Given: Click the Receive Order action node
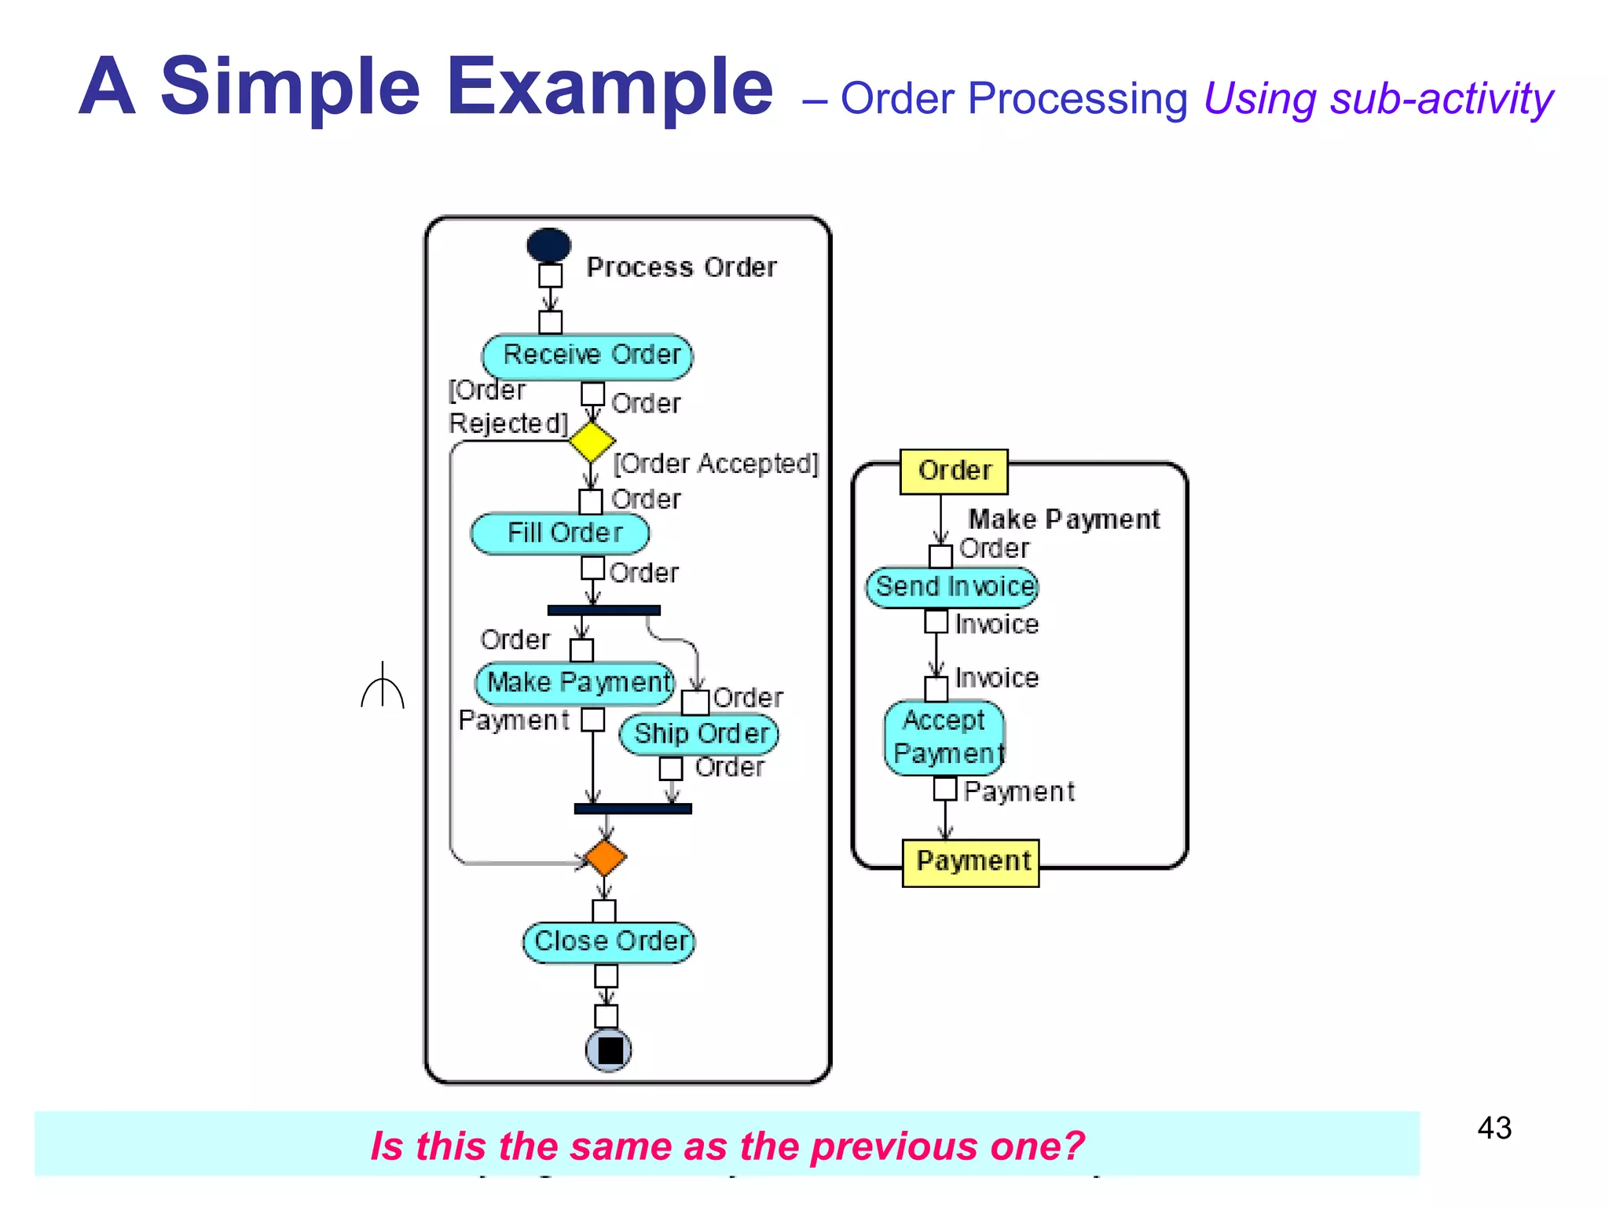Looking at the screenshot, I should click(588, 355).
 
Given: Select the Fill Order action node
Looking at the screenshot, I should click(560, 534).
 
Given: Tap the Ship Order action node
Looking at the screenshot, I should click(698, 734).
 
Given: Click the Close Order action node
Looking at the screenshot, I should click(609, 941).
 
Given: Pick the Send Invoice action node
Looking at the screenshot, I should click(952, 587).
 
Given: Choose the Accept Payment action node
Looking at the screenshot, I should click(944, 737).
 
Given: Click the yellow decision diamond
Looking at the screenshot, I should click(592, 442).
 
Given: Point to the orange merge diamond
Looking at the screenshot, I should click(605, 857).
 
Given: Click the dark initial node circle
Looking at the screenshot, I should click(548, 245).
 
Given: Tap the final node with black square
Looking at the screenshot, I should click(609, 1050).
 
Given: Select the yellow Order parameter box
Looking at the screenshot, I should click(954, 471).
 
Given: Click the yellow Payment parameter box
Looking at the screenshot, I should click(971, 862).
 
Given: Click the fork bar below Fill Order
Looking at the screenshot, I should click(603, 611).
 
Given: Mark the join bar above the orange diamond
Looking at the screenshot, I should click(632, 809).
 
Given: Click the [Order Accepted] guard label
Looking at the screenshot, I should click(716, 464).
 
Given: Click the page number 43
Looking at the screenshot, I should click(1494, 1128).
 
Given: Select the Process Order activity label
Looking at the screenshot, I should click(681, 268).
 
